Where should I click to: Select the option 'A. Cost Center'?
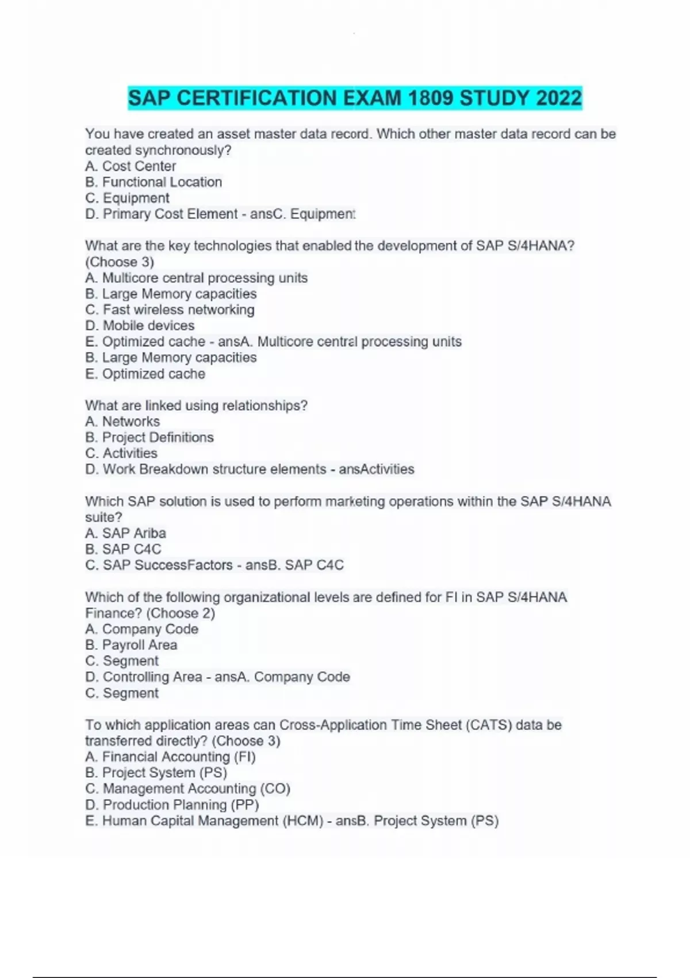(131, 166)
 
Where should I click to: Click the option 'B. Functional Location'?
(154, 182)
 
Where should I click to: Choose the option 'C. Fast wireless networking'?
(170, 310)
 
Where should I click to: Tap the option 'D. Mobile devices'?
(140, 326)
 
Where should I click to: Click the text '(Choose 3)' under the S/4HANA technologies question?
(120, 262)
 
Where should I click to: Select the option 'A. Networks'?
(122, 422)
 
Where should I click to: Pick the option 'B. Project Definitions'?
(149, 437)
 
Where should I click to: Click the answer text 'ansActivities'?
(377, 469)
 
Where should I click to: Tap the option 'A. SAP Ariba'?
(125, 533)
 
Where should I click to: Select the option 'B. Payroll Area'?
(131, 645)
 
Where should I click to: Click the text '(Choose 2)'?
(181, 613)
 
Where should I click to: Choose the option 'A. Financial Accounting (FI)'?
(170, 757)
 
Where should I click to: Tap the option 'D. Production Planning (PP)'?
(172, 805)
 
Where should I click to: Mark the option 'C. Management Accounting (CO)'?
(187, 789)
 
